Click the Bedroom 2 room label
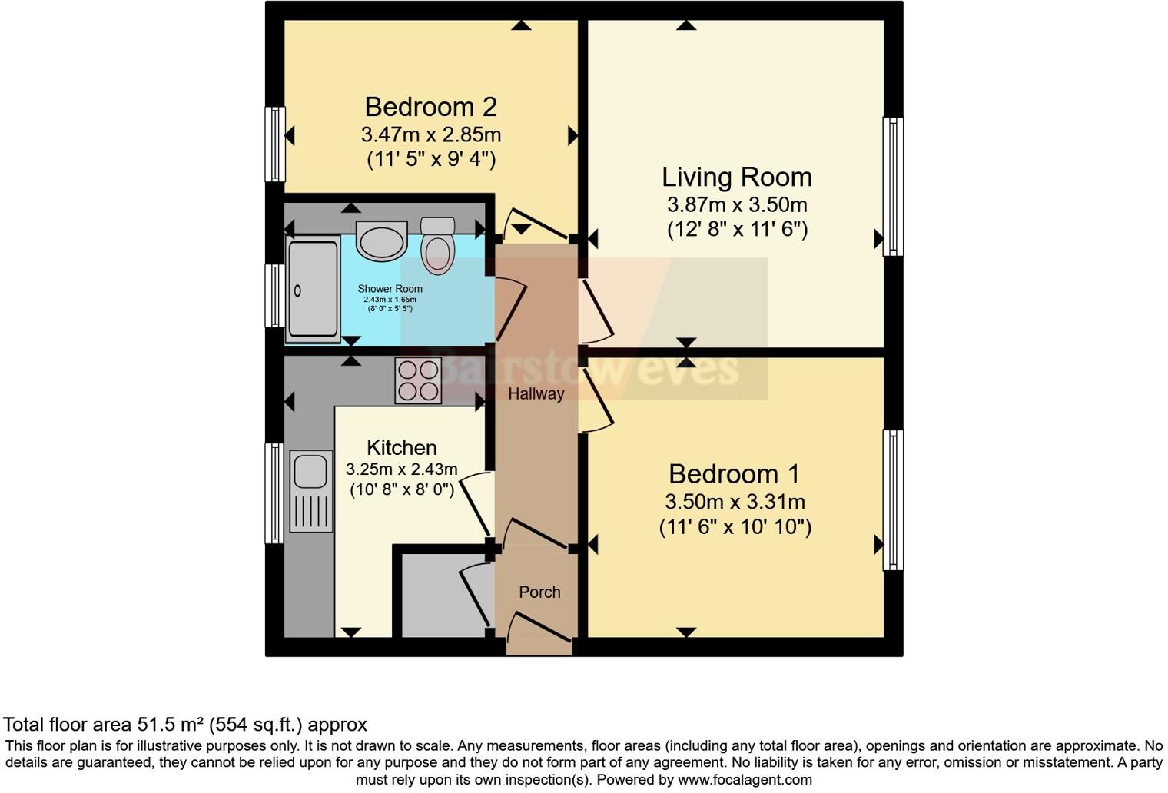pos(430,107)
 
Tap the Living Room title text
pos(736,178)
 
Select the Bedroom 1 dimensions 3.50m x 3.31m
pos(735,502)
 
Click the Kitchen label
pos(401,447)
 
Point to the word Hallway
pos(536,393)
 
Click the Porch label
pos(539,592)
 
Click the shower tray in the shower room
pos(313,289)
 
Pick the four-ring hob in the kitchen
pos(418,380)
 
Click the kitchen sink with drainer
pos(311,491)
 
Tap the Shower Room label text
pos(390,289)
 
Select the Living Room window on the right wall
pos(892,186)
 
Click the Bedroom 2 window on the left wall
pos(274,144)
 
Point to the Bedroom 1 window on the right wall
pos(892,499)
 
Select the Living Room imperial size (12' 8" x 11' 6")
pos(736,230)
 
